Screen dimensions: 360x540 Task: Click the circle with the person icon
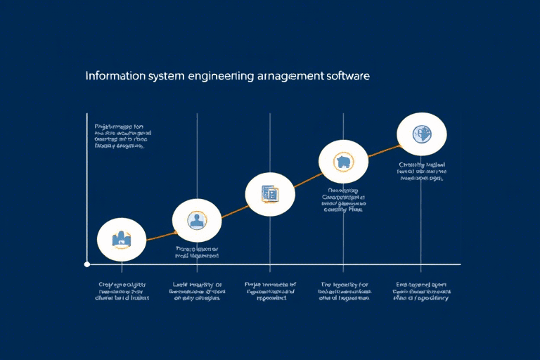click(x=196, y=221)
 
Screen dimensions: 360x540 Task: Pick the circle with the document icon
click(x=270, y=194)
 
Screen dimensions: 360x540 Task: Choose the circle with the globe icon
click(x=421, y=134)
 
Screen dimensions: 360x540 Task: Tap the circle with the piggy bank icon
click(x=343, y=162)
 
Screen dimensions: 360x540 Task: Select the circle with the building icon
click(x=122, y=240)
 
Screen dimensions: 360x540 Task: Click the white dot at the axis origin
click(x=87, y=264)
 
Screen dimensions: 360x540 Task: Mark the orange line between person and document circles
click(x=233, y=207)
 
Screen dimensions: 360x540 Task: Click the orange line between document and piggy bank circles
click(x=307, y=179)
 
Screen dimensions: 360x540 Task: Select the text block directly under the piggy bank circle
click(x=343, y=200)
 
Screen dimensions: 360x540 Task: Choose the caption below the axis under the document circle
click(x=270, y=291)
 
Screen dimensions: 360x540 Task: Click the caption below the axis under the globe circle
click(x=421, y=291)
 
